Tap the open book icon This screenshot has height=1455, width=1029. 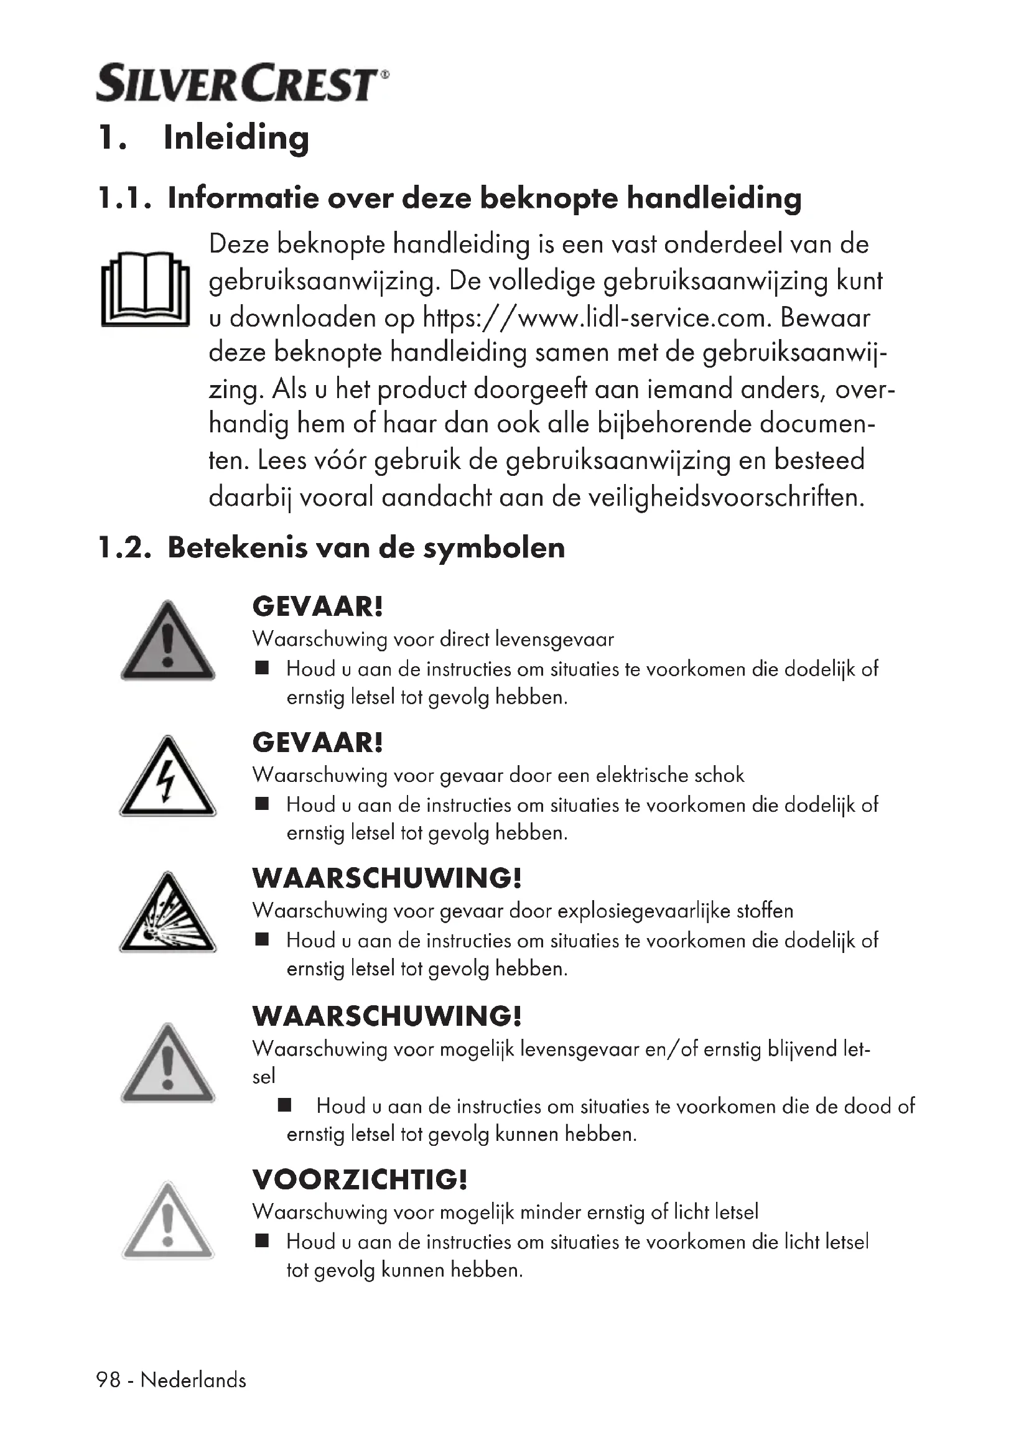point(145,289)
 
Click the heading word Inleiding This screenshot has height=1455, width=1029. point(236,137)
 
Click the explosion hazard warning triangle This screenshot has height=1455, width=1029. point(167,914)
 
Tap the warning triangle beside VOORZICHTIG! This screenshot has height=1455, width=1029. point(167,1221)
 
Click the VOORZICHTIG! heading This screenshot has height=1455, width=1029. point(359,1180)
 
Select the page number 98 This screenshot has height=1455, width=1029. point(108,1380)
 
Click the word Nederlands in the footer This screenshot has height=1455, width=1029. point(193,1380)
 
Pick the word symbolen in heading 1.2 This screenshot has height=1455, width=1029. point(493,548)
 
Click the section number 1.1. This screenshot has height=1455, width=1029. point(124,199)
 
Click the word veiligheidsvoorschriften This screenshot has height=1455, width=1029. point(725,498)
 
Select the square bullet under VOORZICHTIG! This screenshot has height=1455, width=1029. point(262,1240)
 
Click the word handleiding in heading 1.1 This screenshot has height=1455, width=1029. point(714,199)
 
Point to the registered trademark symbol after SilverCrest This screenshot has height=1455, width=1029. point(385,74)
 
